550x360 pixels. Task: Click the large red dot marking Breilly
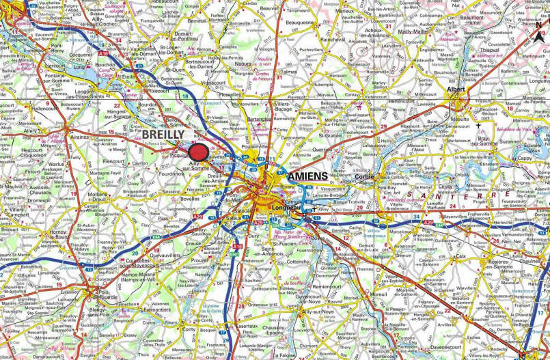[x=199, y=152]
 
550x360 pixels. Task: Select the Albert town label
[x=456, y=89]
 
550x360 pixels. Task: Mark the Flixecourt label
[x=156, y=89]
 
